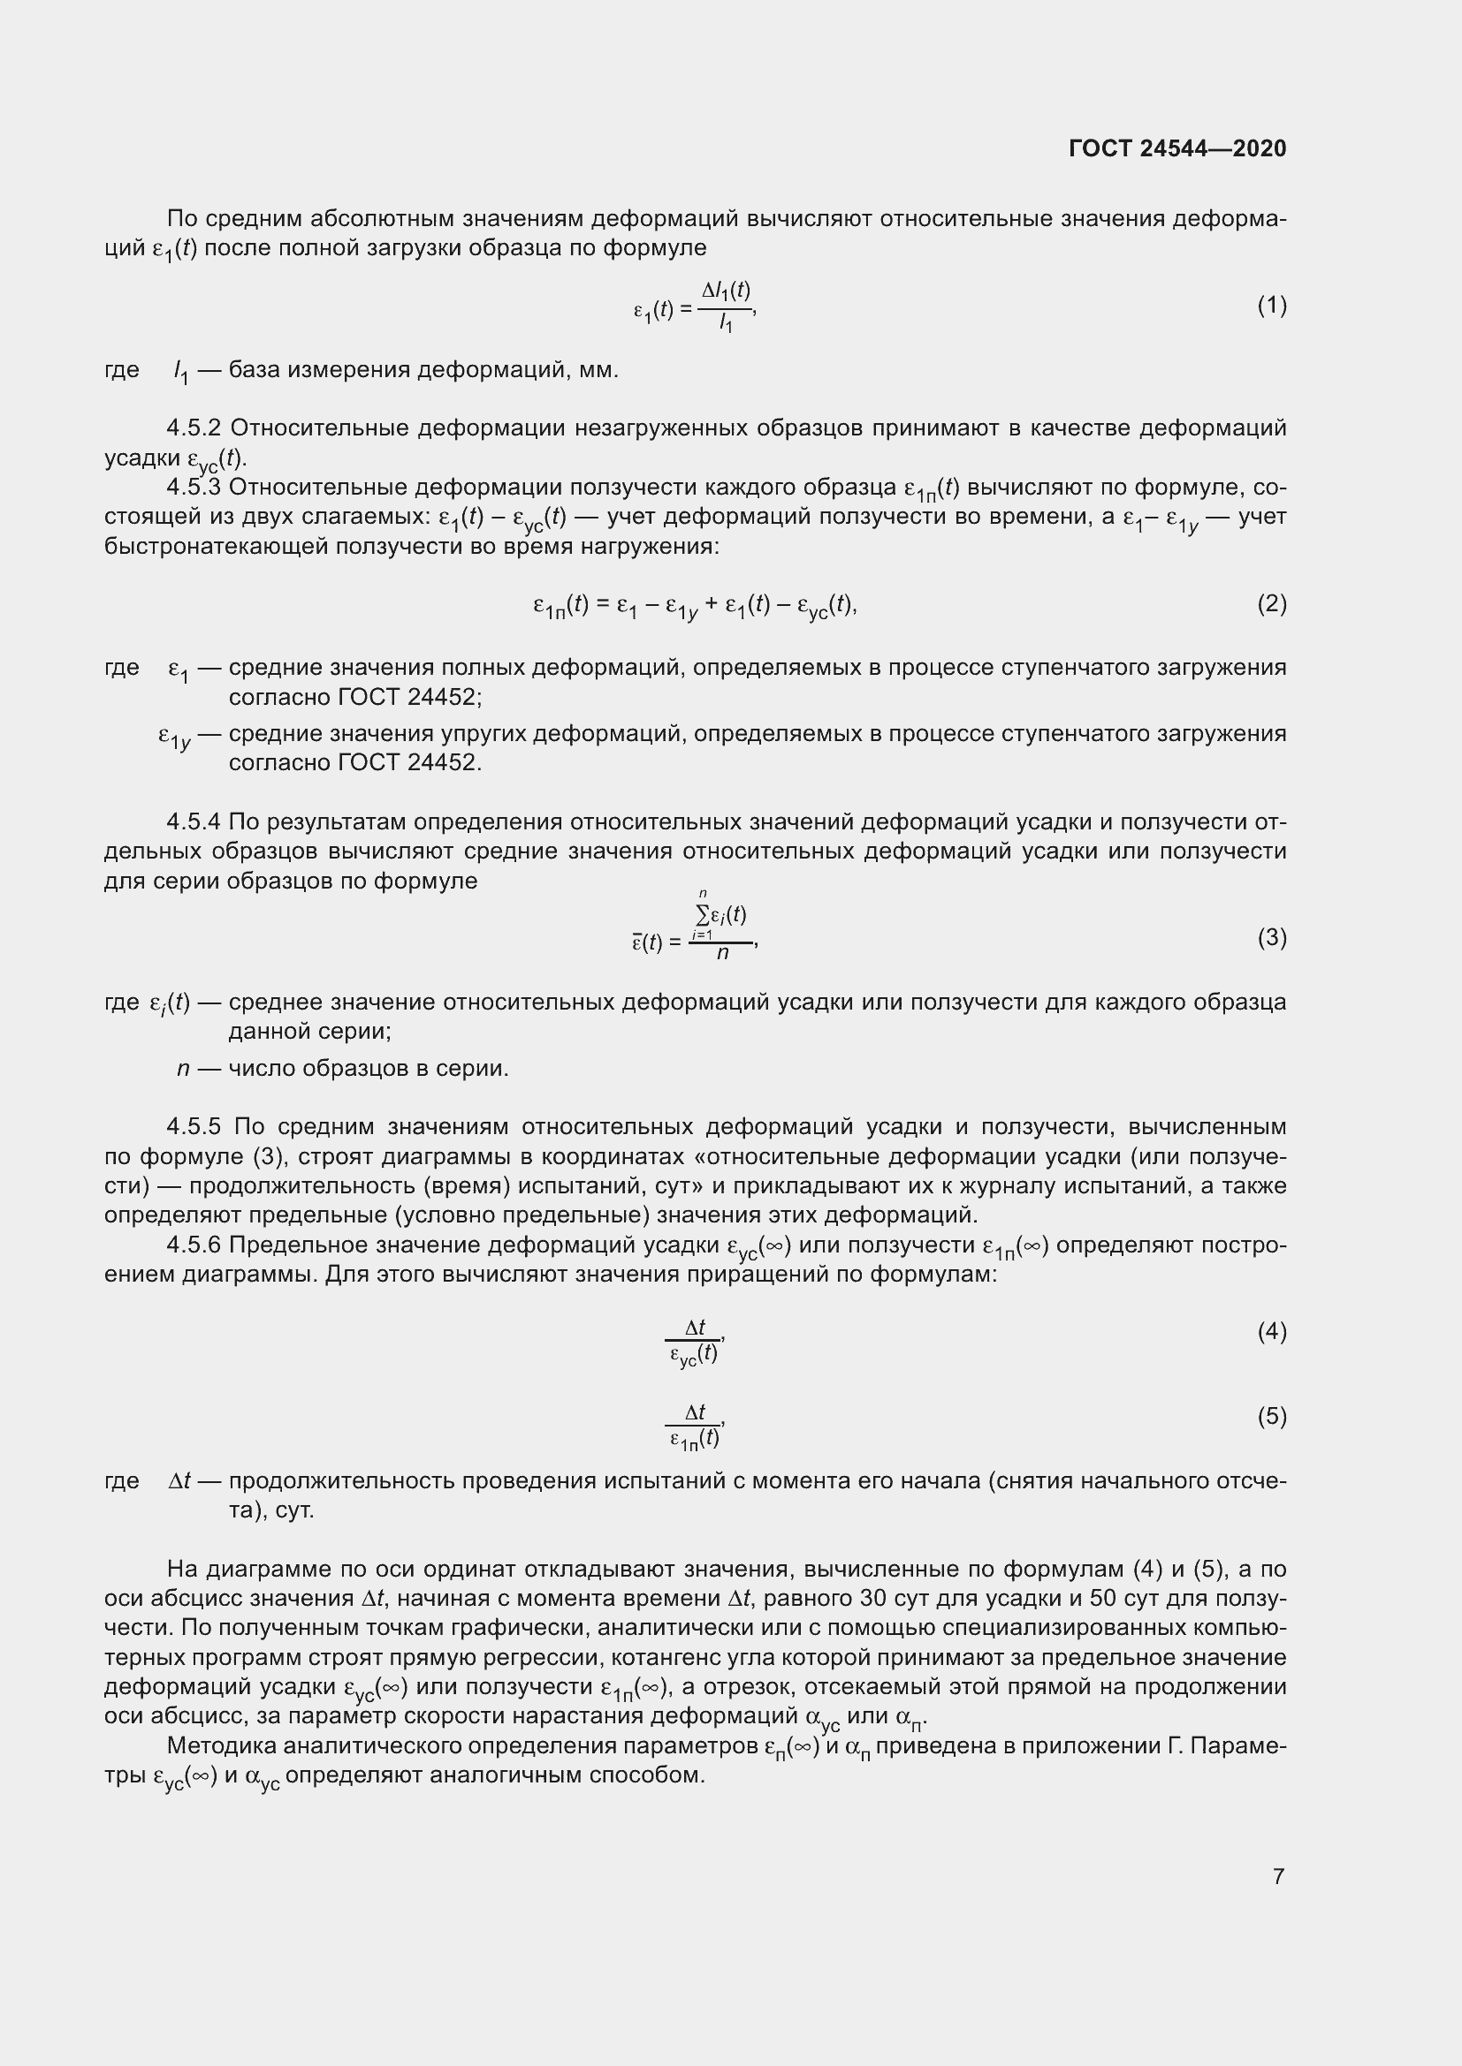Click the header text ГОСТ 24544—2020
click(x=1177, y=148)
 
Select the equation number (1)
click(x=1271, y=306)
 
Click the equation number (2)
click(x=1271, y=604)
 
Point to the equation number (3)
click(x=1271, y=938)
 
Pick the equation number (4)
click(x=1271, y=1332)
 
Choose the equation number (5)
click(x=1271, y=1417)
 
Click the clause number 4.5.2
click(x=194, y=428)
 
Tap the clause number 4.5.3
click(x=194, y=488)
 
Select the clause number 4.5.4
click(x=194, y=822)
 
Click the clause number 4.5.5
click(x=194, y=1126)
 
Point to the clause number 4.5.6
click(x=194, y=1245)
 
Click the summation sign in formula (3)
click(x=702, y=916)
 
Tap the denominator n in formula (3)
click(x=722, y=953)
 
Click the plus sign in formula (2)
click(x=711, y=605)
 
